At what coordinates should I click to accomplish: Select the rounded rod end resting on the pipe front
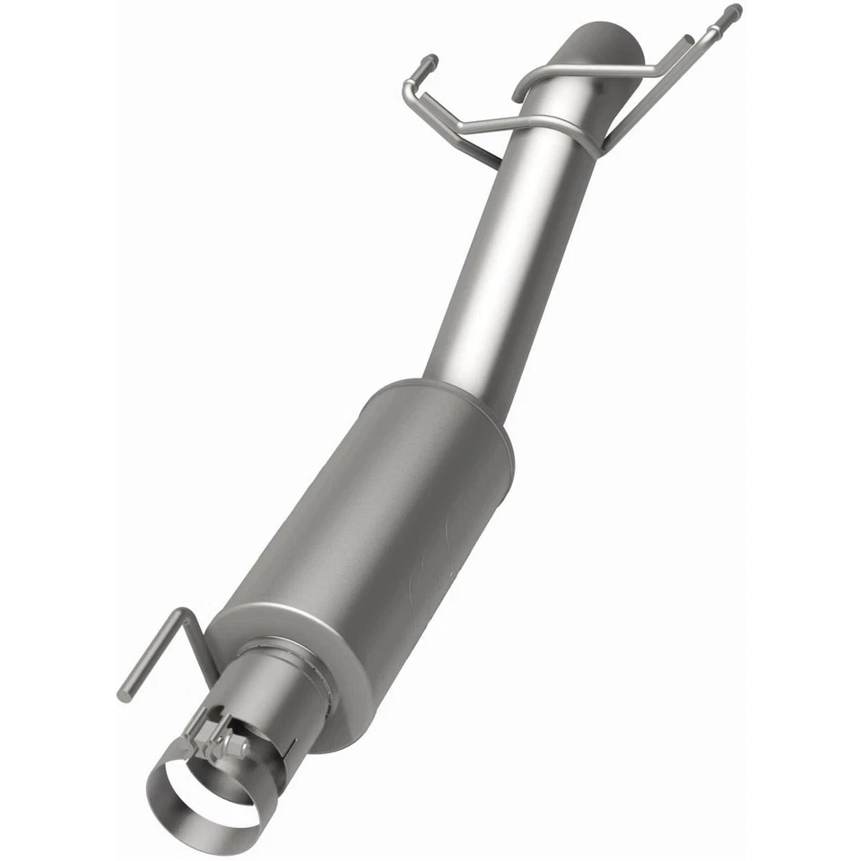coord(519,93)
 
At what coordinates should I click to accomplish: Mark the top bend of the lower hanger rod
coord(185,613)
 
